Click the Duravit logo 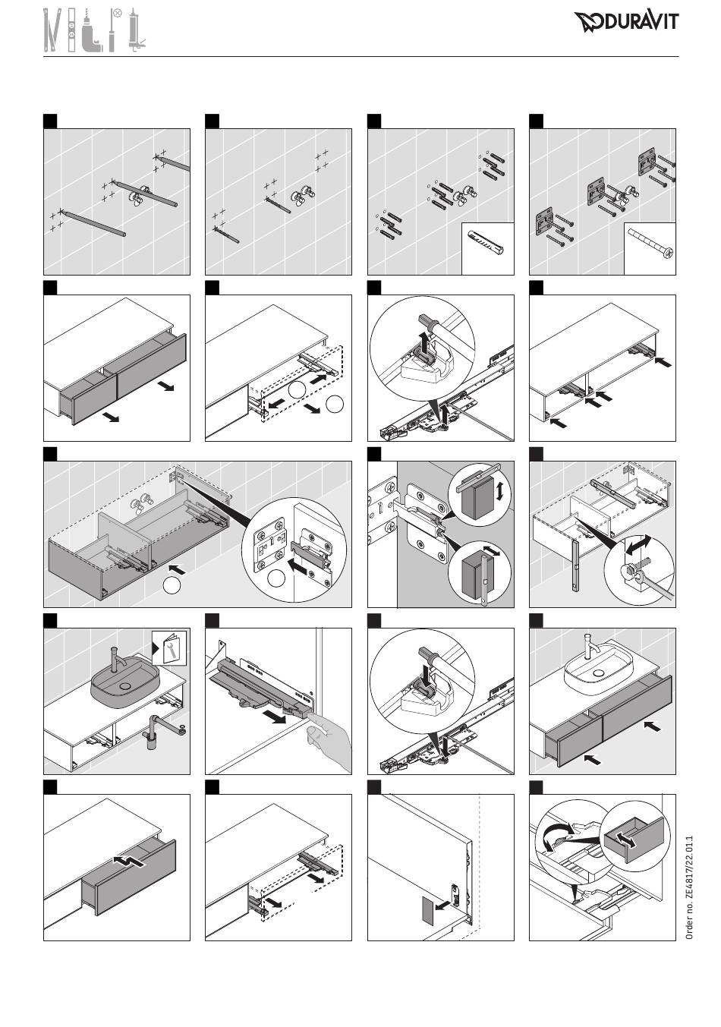point(626,21)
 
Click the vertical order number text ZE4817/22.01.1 point(689,887)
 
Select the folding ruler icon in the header point(53,30)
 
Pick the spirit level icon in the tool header point(71,30)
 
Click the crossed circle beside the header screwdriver point(118,13)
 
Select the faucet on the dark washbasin point(118,660)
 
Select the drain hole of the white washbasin point(598,673)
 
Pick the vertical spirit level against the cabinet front point(575,565)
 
